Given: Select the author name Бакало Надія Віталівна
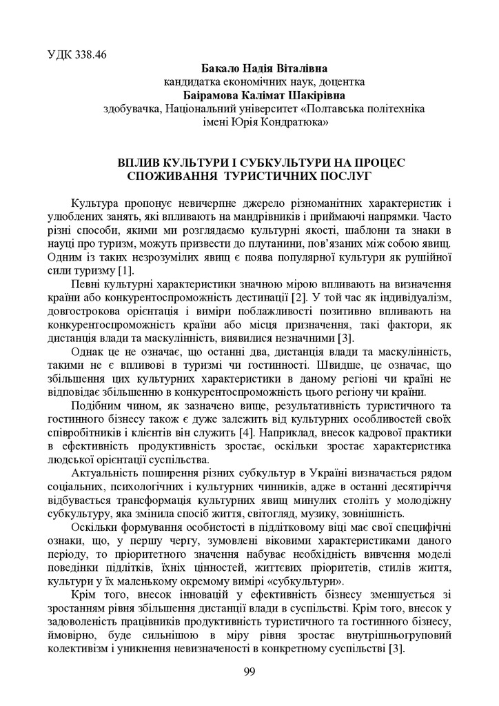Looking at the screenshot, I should pos(264,68).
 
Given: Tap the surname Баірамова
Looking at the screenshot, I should pos(216,95).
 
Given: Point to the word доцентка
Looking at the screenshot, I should pos(341,81).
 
